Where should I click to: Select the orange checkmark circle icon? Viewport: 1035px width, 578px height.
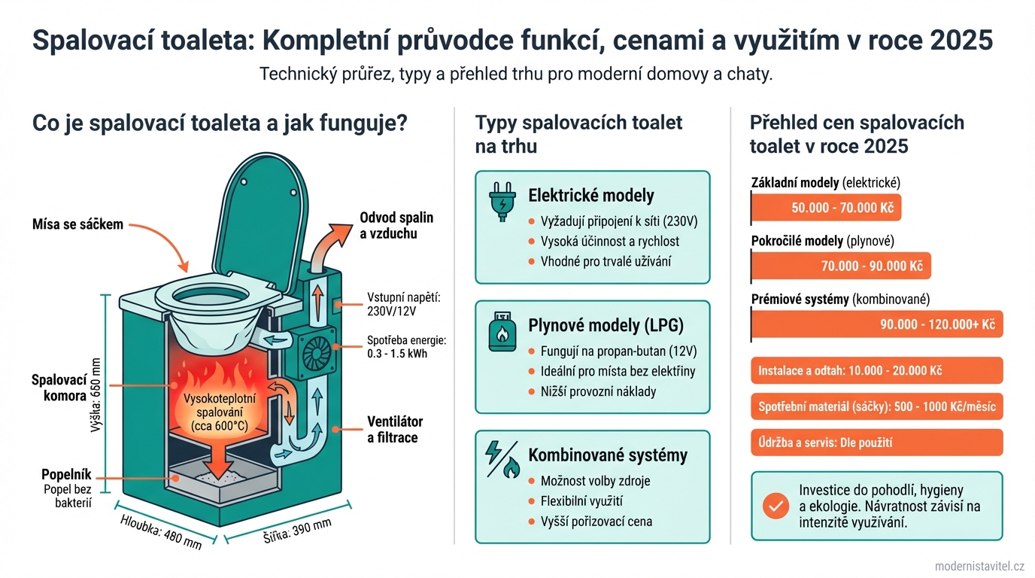(775, 506)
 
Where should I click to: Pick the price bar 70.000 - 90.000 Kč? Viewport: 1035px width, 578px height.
(842, 266)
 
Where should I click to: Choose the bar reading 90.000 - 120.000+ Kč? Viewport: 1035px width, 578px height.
(877, 324)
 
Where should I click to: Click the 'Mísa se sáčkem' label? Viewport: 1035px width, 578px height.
(77, 224)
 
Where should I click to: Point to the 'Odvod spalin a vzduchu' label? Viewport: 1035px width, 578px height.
(396, 225)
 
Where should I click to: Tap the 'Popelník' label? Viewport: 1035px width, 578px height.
(67, 475)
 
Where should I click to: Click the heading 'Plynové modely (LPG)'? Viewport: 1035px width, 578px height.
(606, 325)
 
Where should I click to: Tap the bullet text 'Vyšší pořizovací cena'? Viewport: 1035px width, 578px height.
(596, 522)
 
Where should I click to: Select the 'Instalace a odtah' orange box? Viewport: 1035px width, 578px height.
(877, 371)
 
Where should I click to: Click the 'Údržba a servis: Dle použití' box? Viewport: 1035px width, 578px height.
(877, 443)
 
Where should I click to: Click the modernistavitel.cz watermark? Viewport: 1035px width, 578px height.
(979, 566)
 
